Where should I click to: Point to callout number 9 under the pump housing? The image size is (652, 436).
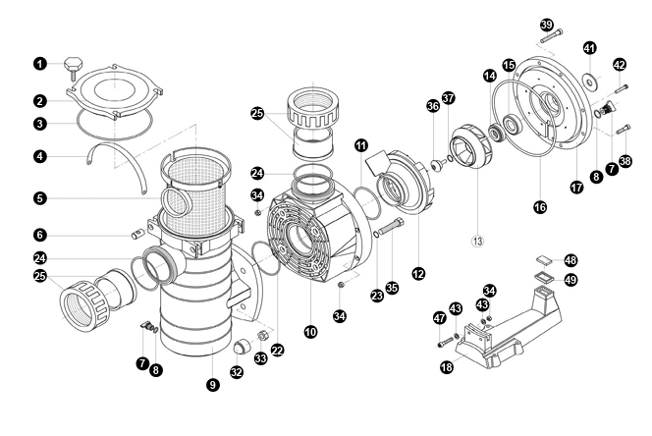click(x=212, y=386)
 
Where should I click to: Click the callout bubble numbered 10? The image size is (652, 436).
click(x=310, y=332)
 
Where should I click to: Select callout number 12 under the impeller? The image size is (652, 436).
click(x=418, y=273)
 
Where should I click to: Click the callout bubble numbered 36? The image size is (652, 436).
click(x=431, y=107)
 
